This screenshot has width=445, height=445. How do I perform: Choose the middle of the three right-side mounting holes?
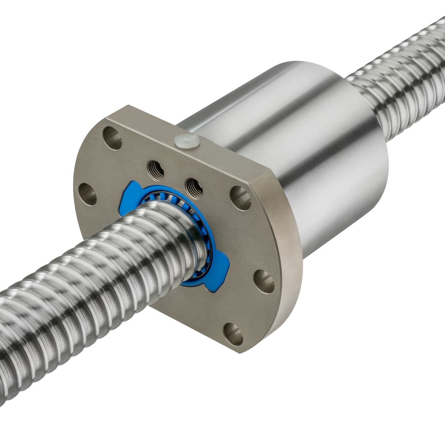(264, 277)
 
